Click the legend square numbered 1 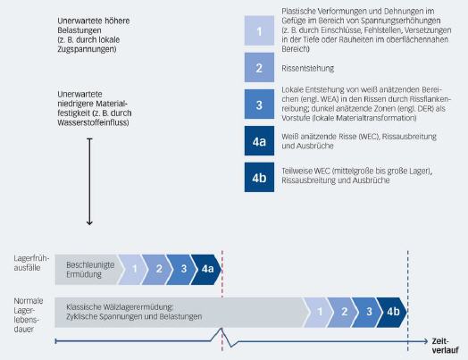[259, 30]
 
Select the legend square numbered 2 [259, 68]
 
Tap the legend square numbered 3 [259, 105]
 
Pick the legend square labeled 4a [259, 141]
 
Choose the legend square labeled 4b [259, 177]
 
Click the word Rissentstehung [308, 69]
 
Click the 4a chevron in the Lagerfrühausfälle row [207, 269]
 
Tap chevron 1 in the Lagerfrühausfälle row [133, 269]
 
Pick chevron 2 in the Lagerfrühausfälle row [158, 269]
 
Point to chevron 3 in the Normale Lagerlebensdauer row [368, 313]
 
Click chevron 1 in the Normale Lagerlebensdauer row [319, 313]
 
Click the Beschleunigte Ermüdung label [90, 269]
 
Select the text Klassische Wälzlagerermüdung [120, 307]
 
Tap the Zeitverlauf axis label [445, 346]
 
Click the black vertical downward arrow [89, 181]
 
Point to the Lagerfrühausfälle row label [31, 263]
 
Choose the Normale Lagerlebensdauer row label [29, 315]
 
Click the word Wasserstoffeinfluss [93, 123]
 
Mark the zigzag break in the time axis [224, 338]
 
